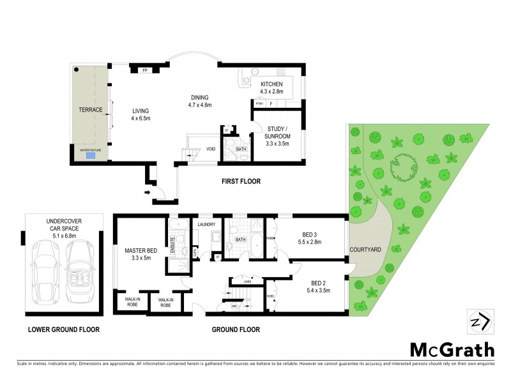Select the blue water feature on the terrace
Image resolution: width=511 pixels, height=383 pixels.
coord(91,155)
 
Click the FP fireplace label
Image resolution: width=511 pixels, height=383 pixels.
coord(145,70)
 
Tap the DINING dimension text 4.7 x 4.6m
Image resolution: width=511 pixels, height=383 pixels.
coord(199,104)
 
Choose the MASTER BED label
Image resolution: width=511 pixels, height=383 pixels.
coord(141,252)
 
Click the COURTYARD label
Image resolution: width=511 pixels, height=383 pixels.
coord(365,250)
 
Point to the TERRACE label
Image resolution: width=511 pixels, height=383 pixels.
coord(91,110)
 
